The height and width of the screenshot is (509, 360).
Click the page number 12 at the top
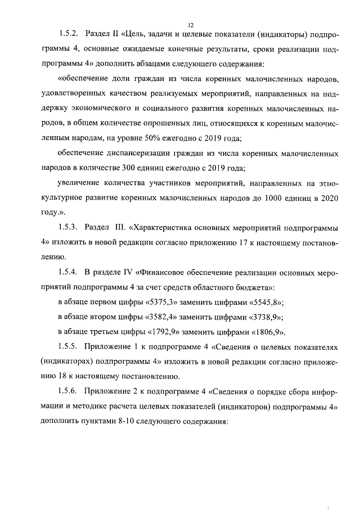190,25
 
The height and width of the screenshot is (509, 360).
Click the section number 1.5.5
70,345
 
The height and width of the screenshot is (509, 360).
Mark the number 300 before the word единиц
143,168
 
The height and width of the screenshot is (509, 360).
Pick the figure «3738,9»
264,316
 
